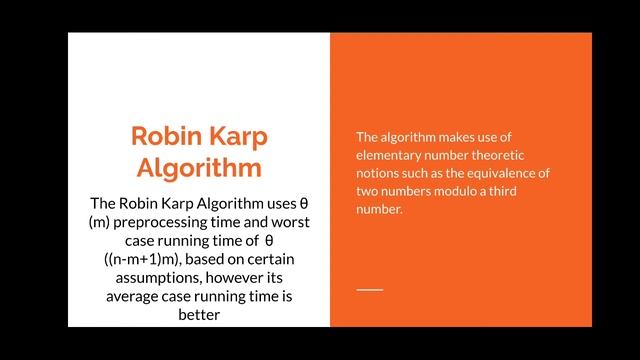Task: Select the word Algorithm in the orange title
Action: (x=199, y=166)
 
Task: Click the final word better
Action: (x=199, y=316)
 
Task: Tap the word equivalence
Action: (x=500, y=173)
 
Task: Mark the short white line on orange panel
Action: (x=370, y=289)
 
